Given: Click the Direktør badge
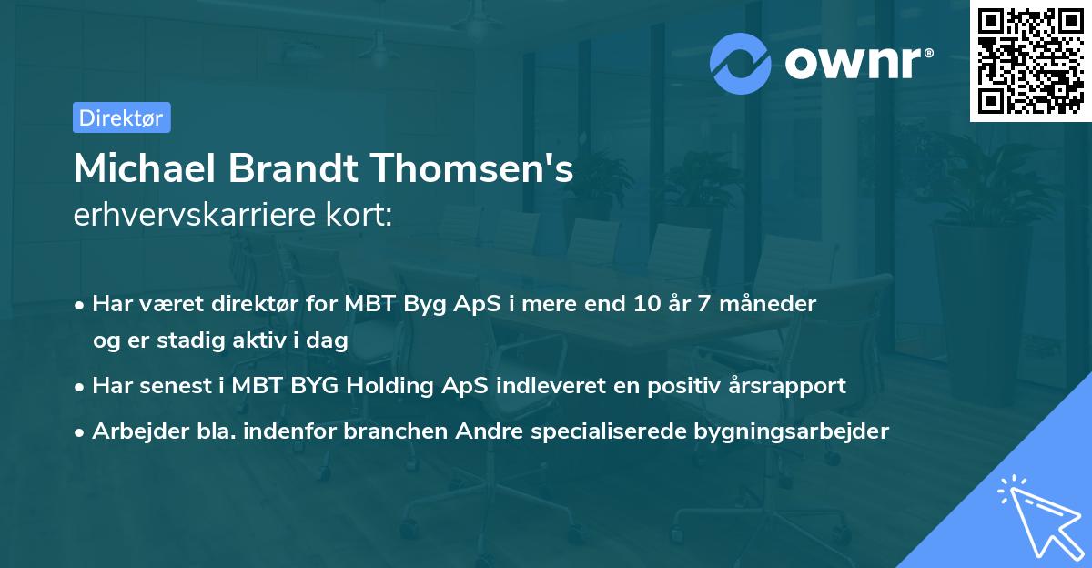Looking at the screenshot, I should click(121, 117).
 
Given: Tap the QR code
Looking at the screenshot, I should click(1030, 61).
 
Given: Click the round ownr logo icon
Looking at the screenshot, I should click(741, 63).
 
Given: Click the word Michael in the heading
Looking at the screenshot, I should click(142, 169).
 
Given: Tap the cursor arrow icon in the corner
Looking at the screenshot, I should click(1038, 515).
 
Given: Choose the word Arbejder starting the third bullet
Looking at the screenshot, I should click(133, 431).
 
